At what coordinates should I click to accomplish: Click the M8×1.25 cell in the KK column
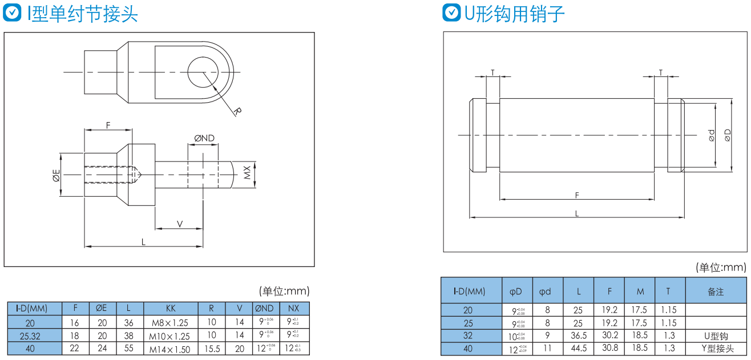coord(170,322)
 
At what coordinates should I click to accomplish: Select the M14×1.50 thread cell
coord(170,349)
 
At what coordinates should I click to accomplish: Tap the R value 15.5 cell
coord(211,349)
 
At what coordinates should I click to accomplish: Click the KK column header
coord(170,308)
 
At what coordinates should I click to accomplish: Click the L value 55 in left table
coord(128,349)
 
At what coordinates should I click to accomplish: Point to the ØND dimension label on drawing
coord(204,138)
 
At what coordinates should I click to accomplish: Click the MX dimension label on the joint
coord(247,173)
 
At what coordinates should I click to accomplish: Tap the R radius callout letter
coord(237,111)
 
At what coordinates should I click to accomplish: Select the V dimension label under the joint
coord(180,224)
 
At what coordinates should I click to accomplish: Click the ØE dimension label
coord(56,176)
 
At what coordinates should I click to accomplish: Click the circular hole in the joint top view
coord(202,72)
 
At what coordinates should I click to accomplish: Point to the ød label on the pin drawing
coord(711,135)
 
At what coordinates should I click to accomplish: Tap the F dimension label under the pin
coord(577,196)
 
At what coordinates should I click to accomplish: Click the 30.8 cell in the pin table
coord(609,349)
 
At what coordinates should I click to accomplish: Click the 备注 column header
coord(716,292)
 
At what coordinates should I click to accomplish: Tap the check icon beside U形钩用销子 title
coord(452,13)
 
